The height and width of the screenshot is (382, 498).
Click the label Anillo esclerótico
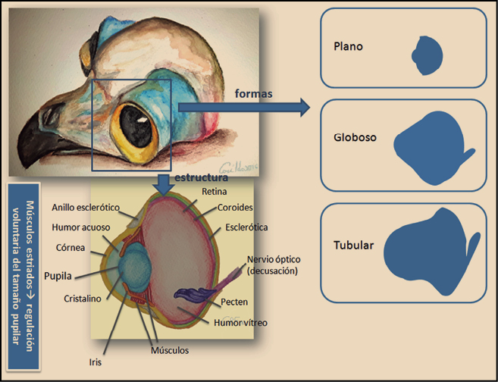(x=88, y=207)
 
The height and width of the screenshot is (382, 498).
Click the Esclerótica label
(x=247, y=227)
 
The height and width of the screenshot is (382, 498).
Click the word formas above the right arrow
(x=253, y=93)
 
